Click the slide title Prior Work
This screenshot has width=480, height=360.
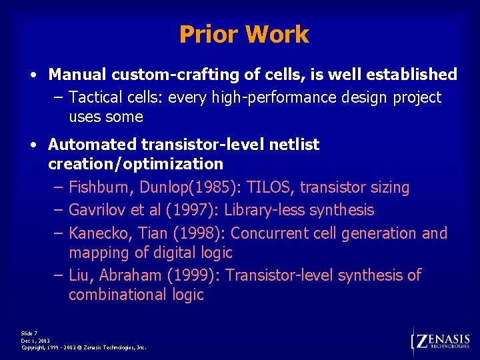point(244,35)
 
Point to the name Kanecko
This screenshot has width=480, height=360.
point(96,234)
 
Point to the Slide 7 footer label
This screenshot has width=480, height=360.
point(29,333)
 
